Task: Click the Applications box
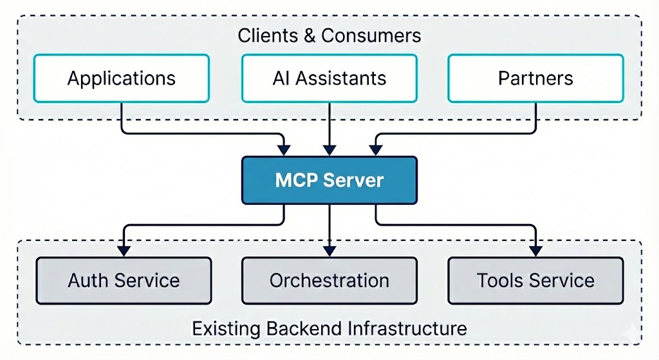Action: click(x=121, y=79)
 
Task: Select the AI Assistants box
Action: click(x=329, y=79)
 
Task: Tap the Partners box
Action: click(x=535, y=79)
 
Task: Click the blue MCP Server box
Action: click(x=329, y=180)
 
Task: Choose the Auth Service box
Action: click(x=124, y=281)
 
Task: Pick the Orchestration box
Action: click(x=329, y=281)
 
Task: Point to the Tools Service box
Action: click(x=535, y=281)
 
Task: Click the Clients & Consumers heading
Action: click(x=329, y=35)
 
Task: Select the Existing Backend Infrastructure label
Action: click(x=329, y=328)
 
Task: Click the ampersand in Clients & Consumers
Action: click(x=311, y=35)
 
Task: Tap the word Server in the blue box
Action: click(x=357, y=180)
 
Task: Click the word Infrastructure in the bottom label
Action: click(x=407, y=328)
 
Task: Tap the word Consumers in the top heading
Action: click(x=371, y=35)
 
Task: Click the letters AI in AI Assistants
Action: click(x=281, y=79)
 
